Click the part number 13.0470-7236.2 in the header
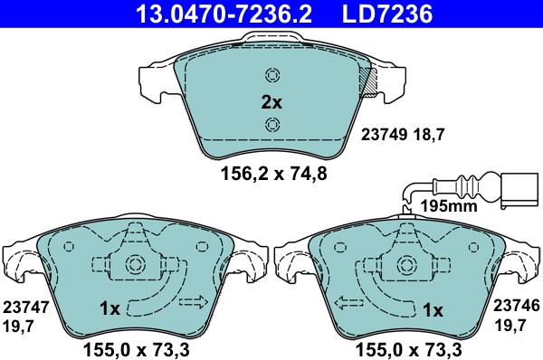[x=223, y=14]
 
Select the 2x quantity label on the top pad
[x=271, y=102]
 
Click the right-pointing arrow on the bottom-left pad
[x=192, y=301]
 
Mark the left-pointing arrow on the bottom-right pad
[x=348, y=301]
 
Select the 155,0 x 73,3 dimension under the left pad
[x=136, y=346]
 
